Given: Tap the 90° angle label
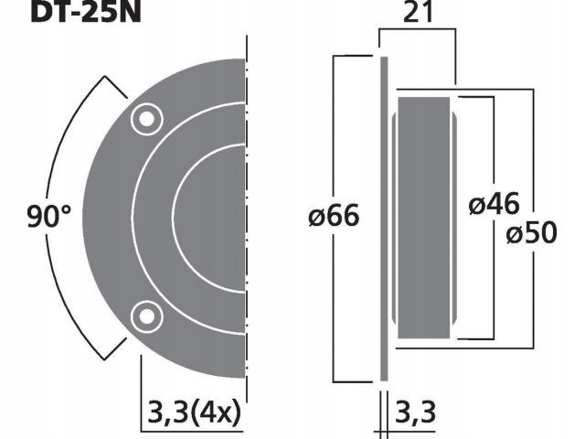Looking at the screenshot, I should [48, 218].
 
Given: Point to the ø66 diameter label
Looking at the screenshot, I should [335, 218].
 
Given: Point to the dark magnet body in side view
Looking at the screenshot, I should [426, 218].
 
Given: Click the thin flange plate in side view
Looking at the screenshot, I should [383, 218].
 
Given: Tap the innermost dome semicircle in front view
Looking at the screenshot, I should [210, 218].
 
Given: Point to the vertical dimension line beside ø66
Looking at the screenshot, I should [335, 137].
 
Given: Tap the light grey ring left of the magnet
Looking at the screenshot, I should [396, 218].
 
